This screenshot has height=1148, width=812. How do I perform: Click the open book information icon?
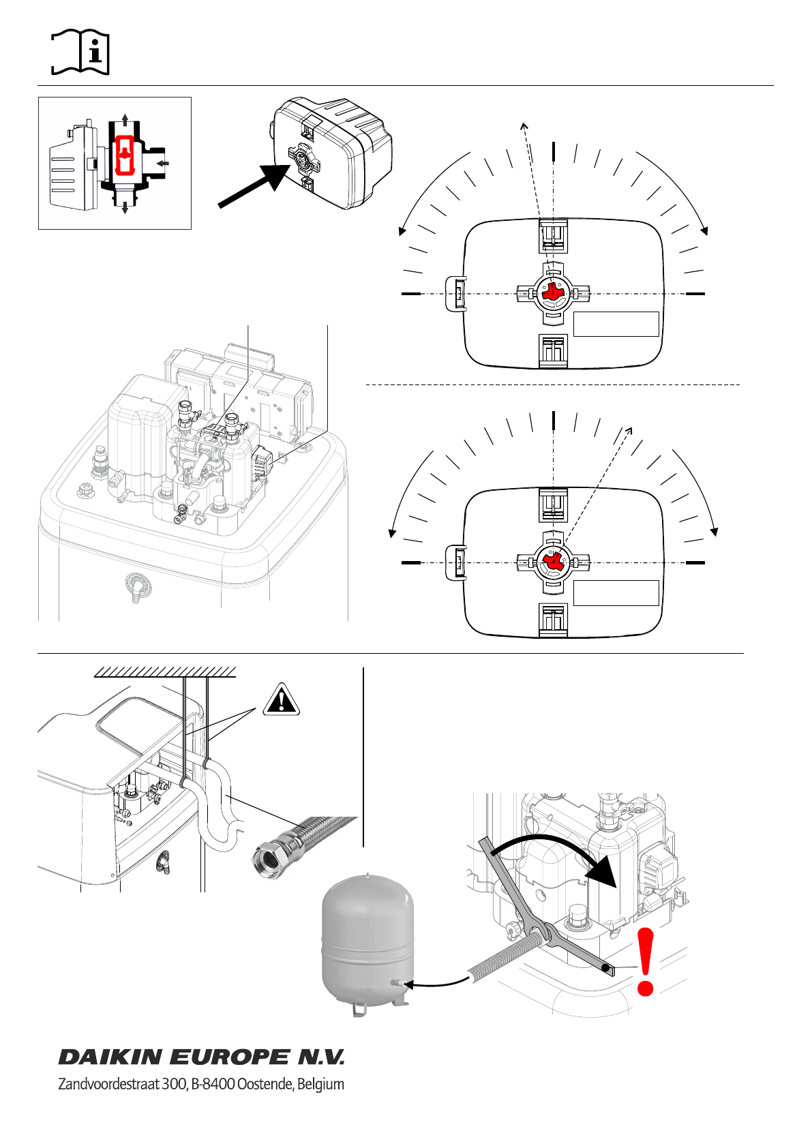coord(80,52)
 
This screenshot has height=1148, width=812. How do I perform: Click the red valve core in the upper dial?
coord(553,292)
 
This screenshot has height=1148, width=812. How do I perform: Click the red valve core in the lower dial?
coord(553,562)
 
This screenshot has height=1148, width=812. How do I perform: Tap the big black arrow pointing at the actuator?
coord(254,185)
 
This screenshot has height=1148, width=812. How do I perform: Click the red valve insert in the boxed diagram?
coord(124,155)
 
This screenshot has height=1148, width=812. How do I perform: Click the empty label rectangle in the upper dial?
coord(616,324)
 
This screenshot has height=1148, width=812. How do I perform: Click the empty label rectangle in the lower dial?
coord(616,593)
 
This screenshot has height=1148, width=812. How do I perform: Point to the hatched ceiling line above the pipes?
coord(165,672)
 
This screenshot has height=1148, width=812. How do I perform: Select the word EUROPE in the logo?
coord(229,1057)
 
